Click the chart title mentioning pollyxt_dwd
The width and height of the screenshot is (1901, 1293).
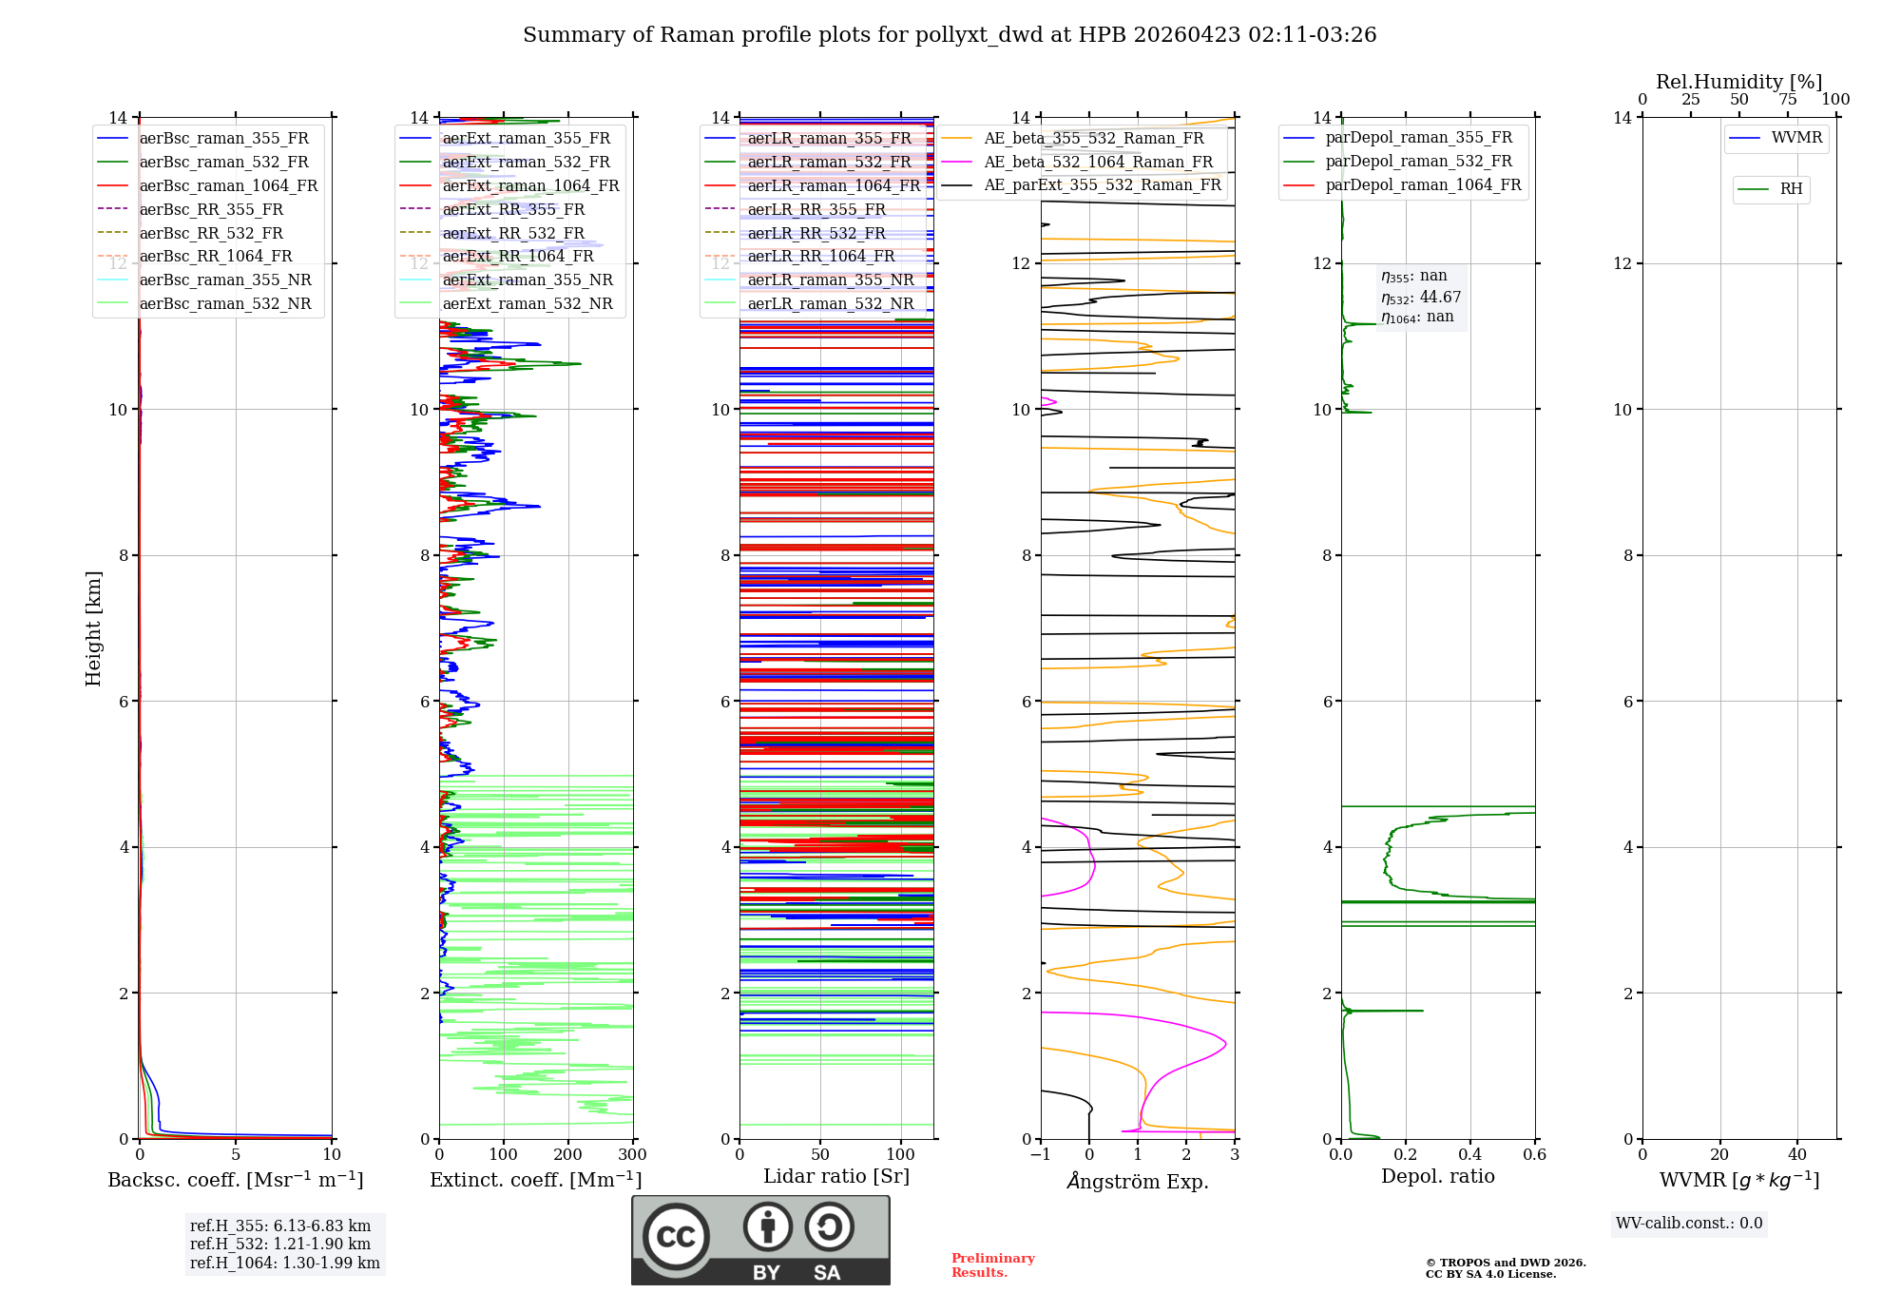point(950,35)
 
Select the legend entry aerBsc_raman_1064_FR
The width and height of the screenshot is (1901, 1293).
point(228,186)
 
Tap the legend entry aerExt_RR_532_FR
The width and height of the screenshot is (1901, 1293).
point(513,233)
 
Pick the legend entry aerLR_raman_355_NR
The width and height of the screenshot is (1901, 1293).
point(830,280)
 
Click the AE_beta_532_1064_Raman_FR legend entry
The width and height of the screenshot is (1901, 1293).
point(1098,163)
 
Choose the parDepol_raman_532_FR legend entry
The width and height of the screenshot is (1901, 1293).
point(1418,162)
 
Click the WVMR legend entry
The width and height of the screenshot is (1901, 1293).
point(1796,138)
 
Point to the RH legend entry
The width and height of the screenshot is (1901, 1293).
point(1791,189)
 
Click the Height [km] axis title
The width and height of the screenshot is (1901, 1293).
point(93,628)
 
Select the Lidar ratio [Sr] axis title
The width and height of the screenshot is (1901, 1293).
point(836,1176)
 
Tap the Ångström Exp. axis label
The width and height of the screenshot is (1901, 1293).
point(1138,1182)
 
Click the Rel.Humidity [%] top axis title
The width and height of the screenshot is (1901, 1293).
point(1738,82)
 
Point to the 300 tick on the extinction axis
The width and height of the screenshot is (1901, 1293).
point(632,1155)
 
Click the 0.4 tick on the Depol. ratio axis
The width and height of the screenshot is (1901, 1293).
point(1469,1155)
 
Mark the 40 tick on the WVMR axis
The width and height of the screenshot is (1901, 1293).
point(1796,1155)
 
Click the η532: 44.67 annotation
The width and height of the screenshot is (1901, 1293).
point(1421,298)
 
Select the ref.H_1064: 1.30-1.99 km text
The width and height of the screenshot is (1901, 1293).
point(284,1264)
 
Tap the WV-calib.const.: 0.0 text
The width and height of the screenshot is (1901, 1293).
point(1688,1224)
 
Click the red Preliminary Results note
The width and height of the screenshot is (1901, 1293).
point(992,1265)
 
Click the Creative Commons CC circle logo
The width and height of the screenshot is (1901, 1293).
point(676,1237)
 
